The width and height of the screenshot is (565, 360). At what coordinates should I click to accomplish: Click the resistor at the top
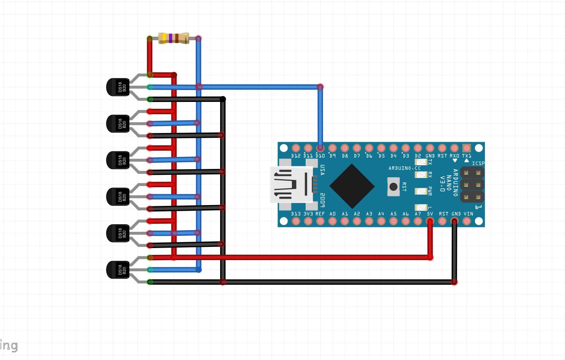[x=173, y=38]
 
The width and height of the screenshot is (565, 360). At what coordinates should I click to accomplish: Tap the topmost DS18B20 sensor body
[x=118, y=87]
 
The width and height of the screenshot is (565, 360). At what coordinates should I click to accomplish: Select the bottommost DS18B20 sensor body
[x=118, y=270]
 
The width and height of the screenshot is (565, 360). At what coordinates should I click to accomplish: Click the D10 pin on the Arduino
[x=320, y=148]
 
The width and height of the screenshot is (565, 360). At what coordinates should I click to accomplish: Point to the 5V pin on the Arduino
[x=430, y=221]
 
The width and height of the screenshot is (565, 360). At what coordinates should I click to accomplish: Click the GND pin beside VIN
[x=454, y=221]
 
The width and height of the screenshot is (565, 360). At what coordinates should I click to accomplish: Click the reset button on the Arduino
[x=393, y=187]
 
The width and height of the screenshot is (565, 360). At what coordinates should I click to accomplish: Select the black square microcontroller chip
[x=352, y=186]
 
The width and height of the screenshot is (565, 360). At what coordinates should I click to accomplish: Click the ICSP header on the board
[x=472, y=185]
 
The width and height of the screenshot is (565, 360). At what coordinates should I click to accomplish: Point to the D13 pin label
[x=296, y=214]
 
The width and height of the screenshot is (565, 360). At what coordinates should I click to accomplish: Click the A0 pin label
[x=333, y=214]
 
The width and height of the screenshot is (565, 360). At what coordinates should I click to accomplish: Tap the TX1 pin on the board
[x=467, y=148]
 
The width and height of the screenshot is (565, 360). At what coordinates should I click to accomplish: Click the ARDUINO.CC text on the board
[x=405, y=168]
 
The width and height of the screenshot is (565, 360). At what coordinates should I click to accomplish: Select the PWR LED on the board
[x=421, y=191]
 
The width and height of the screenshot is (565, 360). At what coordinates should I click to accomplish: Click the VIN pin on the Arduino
[x=467, y=221]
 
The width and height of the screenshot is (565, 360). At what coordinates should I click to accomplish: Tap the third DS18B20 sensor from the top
[x=118, y=160]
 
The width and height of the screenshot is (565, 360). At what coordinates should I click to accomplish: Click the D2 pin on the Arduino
[x=417, y=148]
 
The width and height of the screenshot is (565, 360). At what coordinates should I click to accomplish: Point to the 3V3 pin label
[x=308, y=214]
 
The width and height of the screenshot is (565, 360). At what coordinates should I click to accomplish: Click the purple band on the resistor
[x=171, y=38]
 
